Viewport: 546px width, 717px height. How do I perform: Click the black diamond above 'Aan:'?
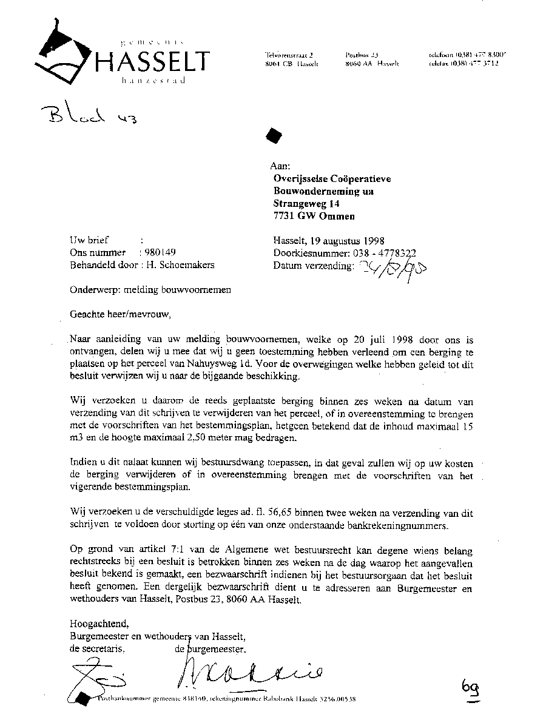[x=275, y=135]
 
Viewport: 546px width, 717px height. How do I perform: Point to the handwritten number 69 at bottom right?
[x=471, y=688]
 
